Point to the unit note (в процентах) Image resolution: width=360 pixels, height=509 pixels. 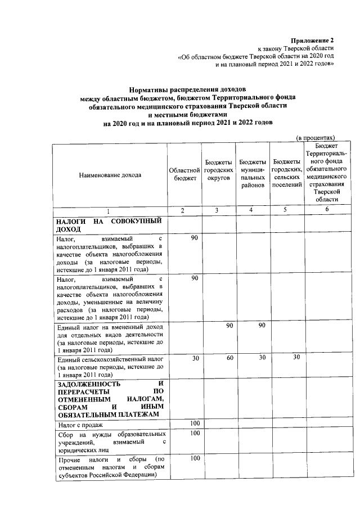coord(316,137)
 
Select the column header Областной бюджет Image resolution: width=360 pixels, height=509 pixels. coord(184,174)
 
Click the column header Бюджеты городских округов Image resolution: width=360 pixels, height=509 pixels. coord(218,170)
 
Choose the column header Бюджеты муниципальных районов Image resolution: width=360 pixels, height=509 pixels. coord(252,174)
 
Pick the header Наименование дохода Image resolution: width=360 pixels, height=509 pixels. coord(110,174)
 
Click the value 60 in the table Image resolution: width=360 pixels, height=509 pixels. coord(229,358)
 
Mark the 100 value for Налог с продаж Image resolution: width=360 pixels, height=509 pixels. coord(195,423)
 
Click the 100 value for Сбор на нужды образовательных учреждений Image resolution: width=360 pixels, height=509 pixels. coord(195,434)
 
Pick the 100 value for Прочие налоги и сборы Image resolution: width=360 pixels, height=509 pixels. coord(195,459)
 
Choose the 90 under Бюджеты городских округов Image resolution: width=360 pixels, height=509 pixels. coord(229,326)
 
